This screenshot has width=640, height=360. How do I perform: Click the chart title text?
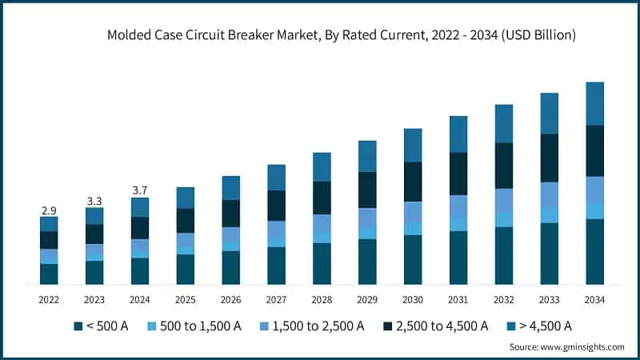[342, 35]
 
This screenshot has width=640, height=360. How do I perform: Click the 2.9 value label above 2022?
[49, 210]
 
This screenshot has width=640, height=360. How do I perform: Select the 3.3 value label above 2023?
[94, 201]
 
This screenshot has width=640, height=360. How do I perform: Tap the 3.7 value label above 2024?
[140, 190]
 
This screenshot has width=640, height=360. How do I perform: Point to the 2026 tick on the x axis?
[231, 299]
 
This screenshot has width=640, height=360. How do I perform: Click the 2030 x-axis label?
[413, 299]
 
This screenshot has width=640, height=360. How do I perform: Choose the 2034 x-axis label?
[594, 299]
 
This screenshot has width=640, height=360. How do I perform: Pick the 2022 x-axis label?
[49, 299]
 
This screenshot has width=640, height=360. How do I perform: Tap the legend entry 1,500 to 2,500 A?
[316, 326]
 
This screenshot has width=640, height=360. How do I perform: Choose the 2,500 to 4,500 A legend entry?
[438, 326]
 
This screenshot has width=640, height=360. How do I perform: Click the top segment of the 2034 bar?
[594, 103]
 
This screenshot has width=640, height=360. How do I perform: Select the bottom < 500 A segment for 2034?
[594, 251]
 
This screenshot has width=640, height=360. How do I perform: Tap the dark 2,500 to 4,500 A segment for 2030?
[413, 182]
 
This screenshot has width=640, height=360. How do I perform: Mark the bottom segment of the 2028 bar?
[322, 263]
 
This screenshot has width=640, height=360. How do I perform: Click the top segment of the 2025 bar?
[186, 198]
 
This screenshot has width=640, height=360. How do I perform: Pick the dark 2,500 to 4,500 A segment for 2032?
[503, 166]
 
